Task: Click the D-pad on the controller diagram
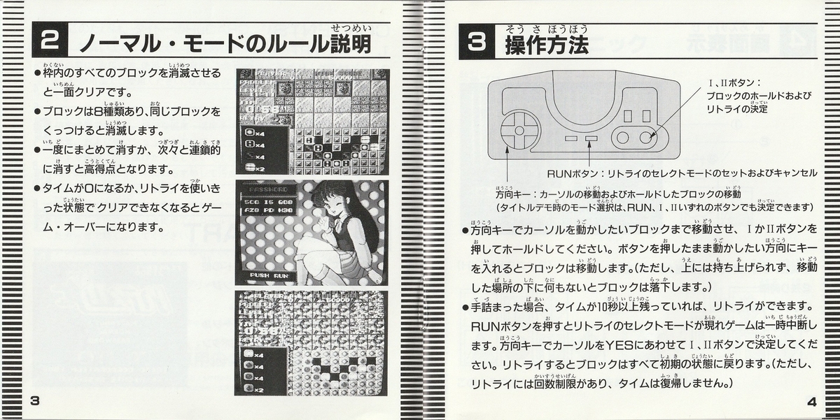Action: [519, 130]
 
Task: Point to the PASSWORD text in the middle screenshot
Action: [269, 189]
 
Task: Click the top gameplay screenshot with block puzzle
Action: [313, 122]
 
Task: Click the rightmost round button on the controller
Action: [648, 137]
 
